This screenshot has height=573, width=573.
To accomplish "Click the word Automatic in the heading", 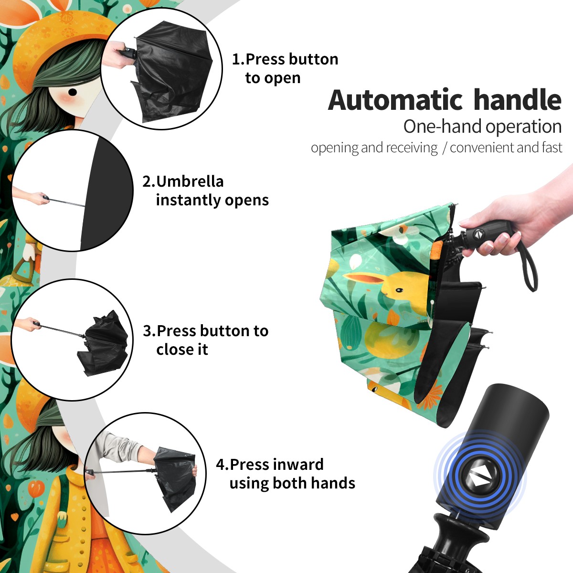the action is (395, 100).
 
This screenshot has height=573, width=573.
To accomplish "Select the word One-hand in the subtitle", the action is (443, 127).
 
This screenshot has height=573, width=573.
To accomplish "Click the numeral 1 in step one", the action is (236, 59).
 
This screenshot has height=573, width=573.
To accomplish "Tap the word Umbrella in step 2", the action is (190, 181).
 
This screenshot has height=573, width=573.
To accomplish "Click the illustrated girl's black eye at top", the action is (73, 93).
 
